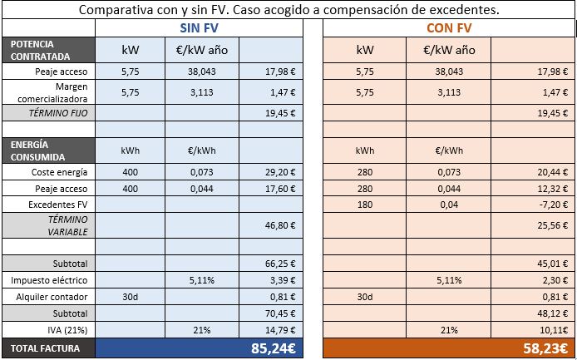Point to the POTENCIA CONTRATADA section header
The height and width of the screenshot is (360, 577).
coord(48,50)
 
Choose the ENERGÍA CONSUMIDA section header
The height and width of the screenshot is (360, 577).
coord(48,150)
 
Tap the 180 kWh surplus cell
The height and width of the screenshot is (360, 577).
coord(365,203)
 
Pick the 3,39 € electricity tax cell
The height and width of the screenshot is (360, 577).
coord(283,280)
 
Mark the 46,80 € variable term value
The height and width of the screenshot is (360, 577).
coord(280,224)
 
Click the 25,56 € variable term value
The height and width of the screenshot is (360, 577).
coord(550,224)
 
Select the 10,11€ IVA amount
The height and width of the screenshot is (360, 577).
coord(551,329)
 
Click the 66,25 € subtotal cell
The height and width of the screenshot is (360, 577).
coord(280,264)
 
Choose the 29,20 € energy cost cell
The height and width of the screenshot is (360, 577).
coord(280,172)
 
